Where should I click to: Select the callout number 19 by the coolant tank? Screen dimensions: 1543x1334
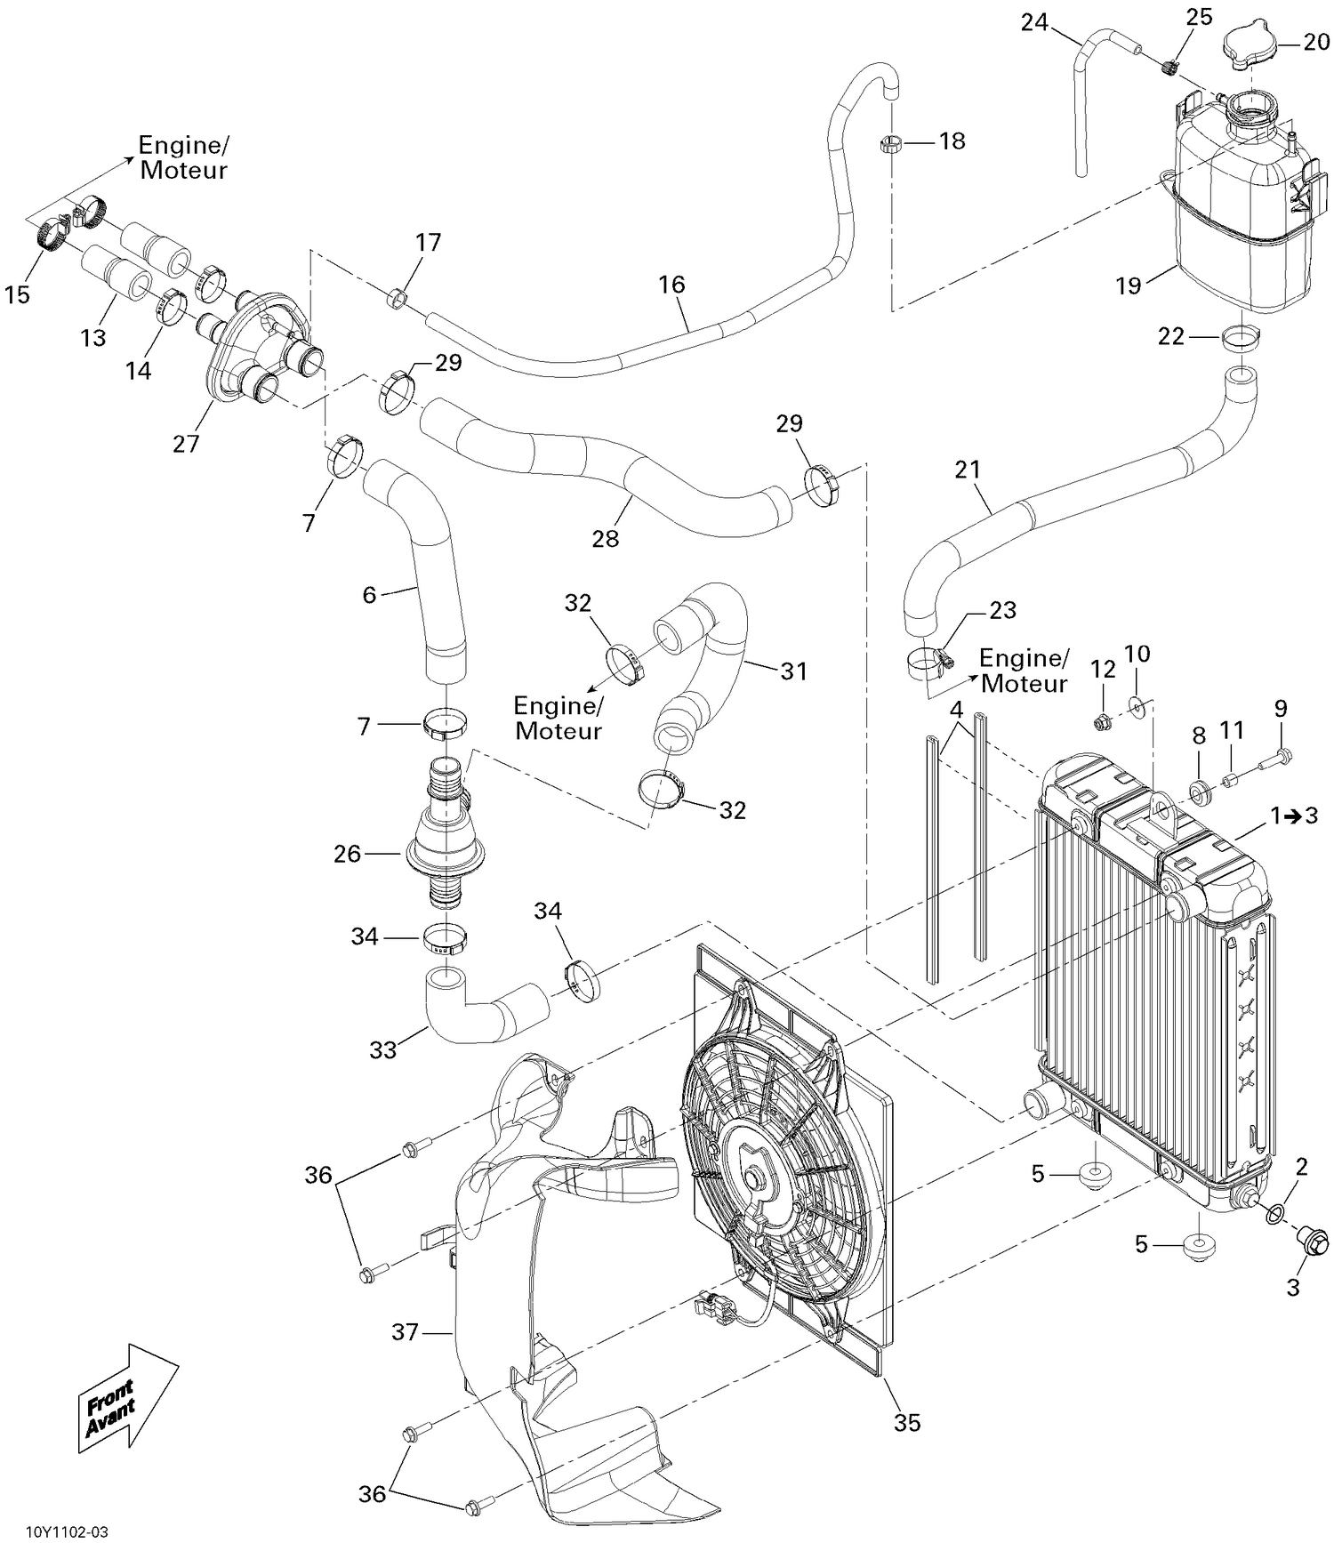1129,286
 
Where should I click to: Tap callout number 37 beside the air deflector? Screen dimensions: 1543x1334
405,1332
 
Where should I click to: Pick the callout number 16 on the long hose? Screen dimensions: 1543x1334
671,285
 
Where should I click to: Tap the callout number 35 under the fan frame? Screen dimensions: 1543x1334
907,1423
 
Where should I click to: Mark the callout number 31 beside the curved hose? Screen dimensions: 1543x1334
793,671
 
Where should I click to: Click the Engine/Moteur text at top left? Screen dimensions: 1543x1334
183,157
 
